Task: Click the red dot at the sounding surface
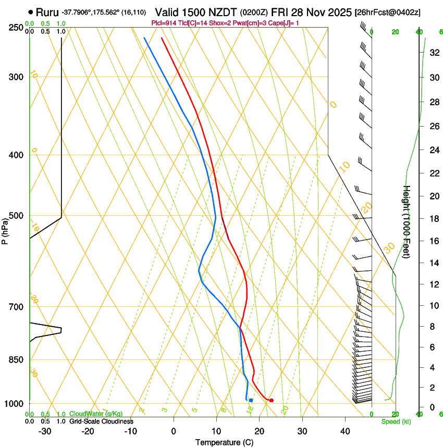coord(271,400)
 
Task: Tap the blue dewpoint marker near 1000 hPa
coord(251,400)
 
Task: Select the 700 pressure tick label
coord(16,307)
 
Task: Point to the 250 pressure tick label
coord(16,27)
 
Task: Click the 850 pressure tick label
coord(16,360)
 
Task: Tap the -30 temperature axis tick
coord(45,431)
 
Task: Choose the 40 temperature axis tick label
coord(345,431)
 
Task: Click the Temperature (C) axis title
coord(224,442)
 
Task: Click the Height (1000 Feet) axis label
coord(407,221)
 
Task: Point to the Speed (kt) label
coord(393,421)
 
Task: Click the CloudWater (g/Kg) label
coord(96,414)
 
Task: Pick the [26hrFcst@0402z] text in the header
coord(388,12)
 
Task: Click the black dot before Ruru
coord(31,12)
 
